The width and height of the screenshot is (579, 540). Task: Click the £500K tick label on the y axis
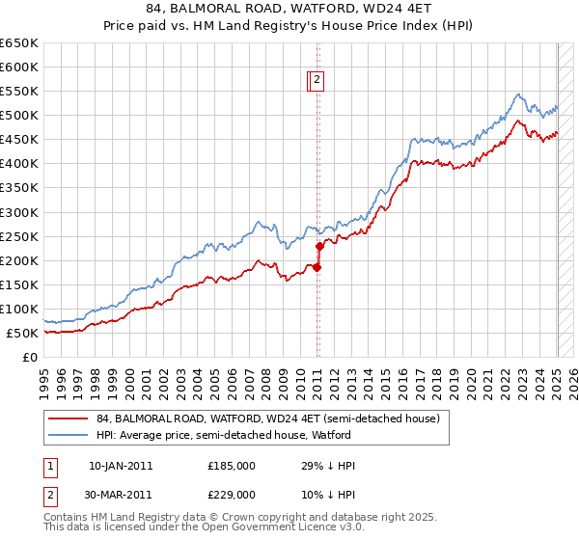(x=19, y=116)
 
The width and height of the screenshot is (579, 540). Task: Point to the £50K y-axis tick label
(x=23, y=333)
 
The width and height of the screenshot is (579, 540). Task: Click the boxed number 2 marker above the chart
(x=317, y=81)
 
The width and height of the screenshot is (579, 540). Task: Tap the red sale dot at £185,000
(x=317, y=267)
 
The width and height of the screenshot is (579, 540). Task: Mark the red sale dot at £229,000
(x=319, y=246)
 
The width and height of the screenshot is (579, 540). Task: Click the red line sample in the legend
(x=69, y=418)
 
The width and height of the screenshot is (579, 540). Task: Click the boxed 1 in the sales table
(x=50, y=466)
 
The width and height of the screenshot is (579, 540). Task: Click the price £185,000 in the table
(x=232, y=466)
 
